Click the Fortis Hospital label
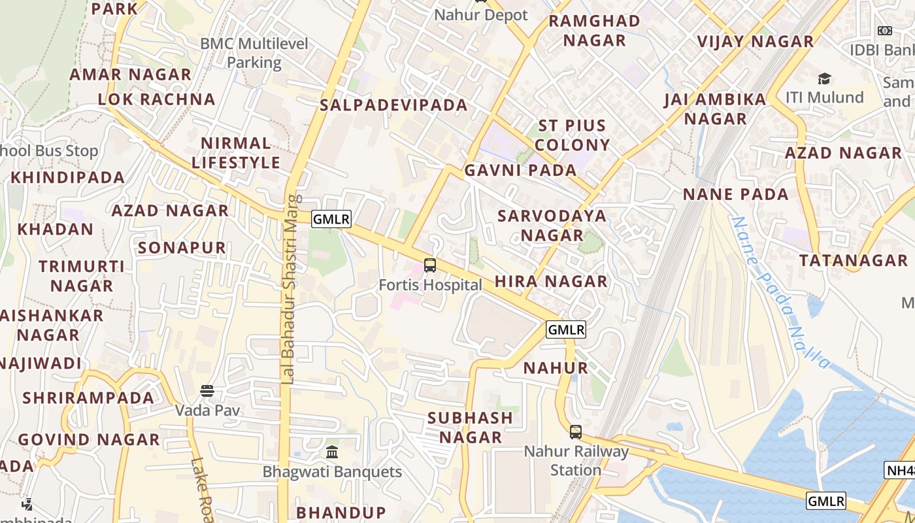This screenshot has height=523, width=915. tap(430, 285)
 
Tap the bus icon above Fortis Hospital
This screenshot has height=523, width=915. tap(430, 265)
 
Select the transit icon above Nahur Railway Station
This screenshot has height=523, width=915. tap(576, 431)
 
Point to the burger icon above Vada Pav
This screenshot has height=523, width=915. tap(207, 391)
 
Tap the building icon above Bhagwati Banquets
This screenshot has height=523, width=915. tap(332, 452)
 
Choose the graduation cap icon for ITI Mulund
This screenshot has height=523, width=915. tap(824, 78)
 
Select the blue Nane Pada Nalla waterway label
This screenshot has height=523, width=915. tap(781, 292)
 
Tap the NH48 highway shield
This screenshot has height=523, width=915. tap(899, 470)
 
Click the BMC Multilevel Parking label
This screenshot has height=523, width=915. tap(254, 53)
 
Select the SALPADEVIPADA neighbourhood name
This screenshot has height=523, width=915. tap(393, 105)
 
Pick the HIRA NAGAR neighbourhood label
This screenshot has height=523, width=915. tap(551, 282)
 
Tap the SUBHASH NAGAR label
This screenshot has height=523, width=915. tap(470, 427)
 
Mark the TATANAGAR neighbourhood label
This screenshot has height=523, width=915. tap(854, 260)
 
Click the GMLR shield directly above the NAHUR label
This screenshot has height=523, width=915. tap(565, 329)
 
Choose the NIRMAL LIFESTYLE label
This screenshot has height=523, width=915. tap(236, 153)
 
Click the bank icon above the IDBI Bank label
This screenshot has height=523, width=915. tap(885, 30)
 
